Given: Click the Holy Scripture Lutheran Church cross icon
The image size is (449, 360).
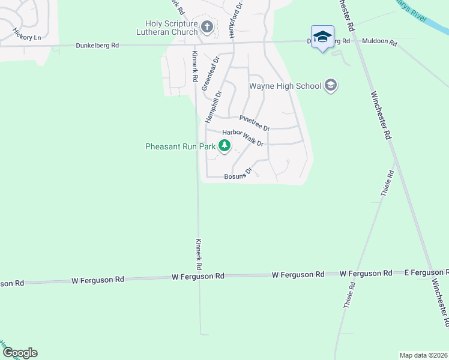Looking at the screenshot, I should (x=207, y=26).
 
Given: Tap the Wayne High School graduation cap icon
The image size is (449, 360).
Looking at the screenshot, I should (x=330, y=86).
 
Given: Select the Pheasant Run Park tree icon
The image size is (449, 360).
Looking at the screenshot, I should (x=224, y=146).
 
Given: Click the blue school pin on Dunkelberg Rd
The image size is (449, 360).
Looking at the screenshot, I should (x=322, y=37).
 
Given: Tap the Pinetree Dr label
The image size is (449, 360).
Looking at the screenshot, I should (x=255, y=123).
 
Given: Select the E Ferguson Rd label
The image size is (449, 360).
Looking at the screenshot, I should (x=426, y=272).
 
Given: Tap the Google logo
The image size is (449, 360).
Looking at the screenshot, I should (x=20, y=353).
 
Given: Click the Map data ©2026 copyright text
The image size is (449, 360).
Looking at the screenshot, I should (x=424, y=355).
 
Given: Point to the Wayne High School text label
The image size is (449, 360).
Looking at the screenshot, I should (x=285, y=86).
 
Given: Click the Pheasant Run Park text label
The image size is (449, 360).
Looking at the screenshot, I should (x=181, y=146).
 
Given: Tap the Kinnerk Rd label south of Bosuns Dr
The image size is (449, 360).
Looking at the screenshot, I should (x=197, y=253).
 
